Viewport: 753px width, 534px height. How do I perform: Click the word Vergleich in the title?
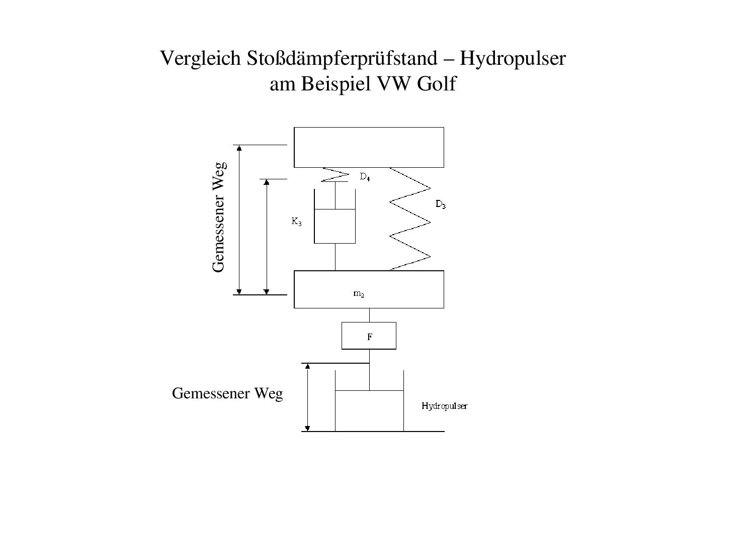(x=200, y=59)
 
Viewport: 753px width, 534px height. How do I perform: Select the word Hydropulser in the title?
(x=513, y=59)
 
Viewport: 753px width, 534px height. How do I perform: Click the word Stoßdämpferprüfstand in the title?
(x=342, y=59)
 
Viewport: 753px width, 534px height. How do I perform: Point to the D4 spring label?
(x=365, y=177)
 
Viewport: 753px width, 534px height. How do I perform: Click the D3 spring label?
(x=440, y=204)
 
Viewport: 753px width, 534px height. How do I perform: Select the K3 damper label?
(x=296, y=222)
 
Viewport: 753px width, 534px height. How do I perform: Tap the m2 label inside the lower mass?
(x=359, y=294)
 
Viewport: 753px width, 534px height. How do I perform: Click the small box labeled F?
(x=369, y=336)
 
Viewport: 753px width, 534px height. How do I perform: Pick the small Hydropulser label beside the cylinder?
(x=444, y=406)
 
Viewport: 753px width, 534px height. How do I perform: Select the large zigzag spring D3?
(x=410, y=219)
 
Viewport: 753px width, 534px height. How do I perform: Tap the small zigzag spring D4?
(x=335, y=174)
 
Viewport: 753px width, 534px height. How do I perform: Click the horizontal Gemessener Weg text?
(x=227, y=393)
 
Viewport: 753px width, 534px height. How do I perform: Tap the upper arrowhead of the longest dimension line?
(x=239, y=148)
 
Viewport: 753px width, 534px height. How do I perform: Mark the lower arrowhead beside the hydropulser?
(x=307, y=429)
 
